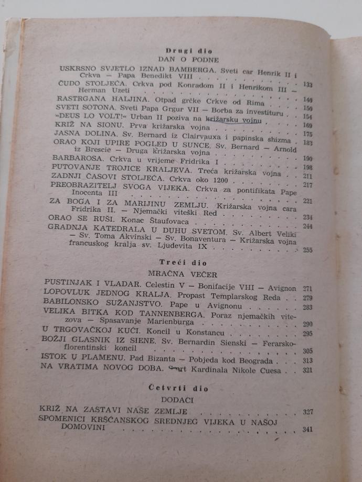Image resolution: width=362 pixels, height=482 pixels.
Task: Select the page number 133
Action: [x=308, y=85]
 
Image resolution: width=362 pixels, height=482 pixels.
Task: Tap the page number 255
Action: [x=308, y=250]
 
